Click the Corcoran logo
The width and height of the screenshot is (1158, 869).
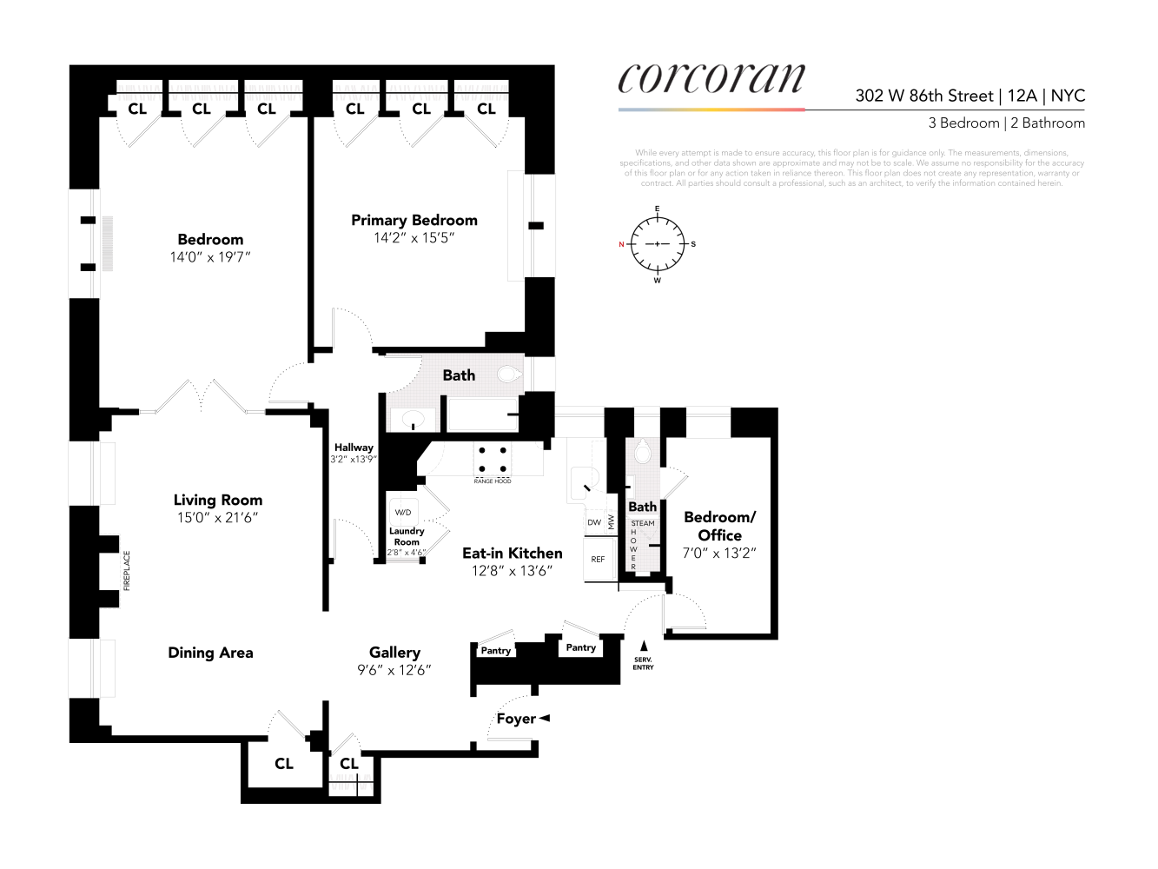[x=711, y=79]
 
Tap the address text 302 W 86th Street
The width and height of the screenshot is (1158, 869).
[x=923, y=96]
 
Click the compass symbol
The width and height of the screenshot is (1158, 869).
[x=657, y=244]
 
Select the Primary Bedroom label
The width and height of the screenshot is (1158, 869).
[x=414, y=221]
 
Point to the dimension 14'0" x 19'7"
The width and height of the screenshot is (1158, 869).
[x=210, y=257]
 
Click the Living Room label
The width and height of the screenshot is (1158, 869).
[x=217, y=500]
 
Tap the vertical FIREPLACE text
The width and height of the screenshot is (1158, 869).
[x=127, y=571]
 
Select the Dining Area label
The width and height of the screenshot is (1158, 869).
[x=210, y=653]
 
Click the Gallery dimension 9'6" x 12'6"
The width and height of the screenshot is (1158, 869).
[x=394, y=670]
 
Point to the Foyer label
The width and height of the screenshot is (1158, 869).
[x=515, y=719]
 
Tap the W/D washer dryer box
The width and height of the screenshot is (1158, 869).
[x=403, y=513]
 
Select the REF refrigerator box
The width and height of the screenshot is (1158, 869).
[x=598, y=560]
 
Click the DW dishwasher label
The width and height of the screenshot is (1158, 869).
[x=594, y=522]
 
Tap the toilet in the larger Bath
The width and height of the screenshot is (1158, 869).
[x=509, y=375]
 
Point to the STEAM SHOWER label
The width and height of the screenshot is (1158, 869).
[x=642, y=523]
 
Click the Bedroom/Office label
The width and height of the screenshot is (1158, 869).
[x=719, y=526]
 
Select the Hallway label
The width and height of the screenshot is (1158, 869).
[x=353, y=448]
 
